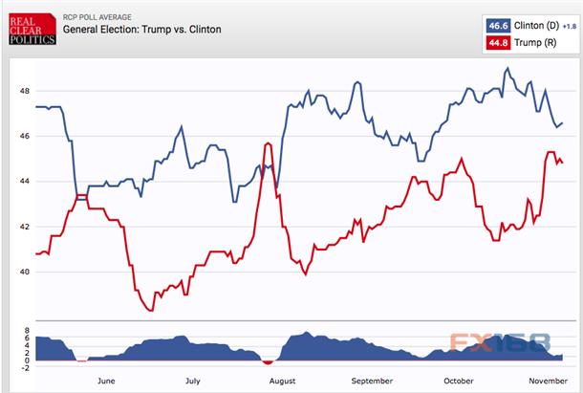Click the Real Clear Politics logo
pyautogui.click(x=32, y=29)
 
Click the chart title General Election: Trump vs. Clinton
pyautogui.click(x=142, y=30)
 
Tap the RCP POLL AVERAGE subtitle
pyautogui.click(x=97, y=17)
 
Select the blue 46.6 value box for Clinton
pyautogui.click(x=498, y=26)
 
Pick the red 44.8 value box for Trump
pyautogui.click(x=498, y=43)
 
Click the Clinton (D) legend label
pyautogui.click(x=536, y=26)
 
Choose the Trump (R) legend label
pyautogui.click(x=535, y=43)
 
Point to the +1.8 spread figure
pyautogui.click(x=570, y=27)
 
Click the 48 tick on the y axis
pyautogui.click(x=25, y=91)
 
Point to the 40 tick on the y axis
pyautogui.click(x=25, y=272)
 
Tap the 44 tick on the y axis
pyautogui.click(x=25, y=182)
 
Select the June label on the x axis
pyautogui.click(x=106, y=381)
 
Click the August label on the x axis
pyautogui.click(x=283, y=382)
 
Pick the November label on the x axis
pyautogui.click(x=548, y=381)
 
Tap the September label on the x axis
pyautogui.click(x=372, y=382)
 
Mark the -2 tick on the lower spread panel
pyautogui.click(x=25, y=368)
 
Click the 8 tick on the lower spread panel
pyautogui.click(x=27, y=331)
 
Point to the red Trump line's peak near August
pyautogui.click(x=268, y=142)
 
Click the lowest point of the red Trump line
pyautogui.click(x=151, y=311)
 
